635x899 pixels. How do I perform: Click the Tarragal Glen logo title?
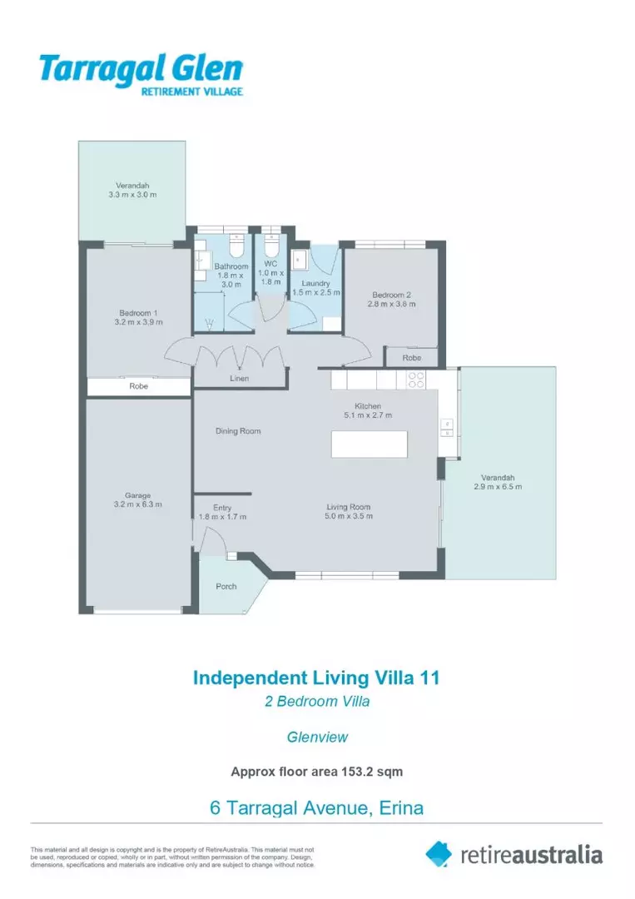point(141,69)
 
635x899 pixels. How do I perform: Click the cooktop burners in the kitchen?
point(416,380)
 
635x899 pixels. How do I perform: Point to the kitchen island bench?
point(369,445)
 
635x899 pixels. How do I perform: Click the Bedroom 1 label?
point(138,313)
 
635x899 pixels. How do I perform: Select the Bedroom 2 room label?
point(391,295)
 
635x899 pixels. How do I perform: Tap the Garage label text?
point(137,495)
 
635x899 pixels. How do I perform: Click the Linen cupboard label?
point(240,379)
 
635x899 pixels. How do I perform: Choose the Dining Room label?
point(238,431)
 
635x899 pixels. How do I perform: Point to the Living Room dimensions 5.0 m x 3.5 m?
point(349,516)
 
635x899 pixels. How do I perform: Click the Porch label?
point(226,587)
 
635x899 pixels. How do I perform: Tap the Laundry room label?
point(315,283)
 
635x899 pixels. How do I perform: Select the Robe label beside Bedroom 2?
point(411,358)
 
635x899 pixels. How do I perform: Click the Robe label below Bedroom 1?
point(139,386)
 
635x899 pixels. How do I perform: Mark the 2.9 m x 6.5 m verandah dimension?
point(498,487)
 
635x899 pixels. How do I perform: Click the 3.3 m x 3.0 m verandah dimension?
point(132,194)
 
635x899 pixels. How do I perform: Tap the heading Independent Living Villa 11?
point(316,678)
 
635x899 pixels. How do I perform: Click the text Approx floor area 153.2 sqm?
point(317,772)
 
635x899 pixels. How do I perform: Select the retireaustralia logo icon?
point(439,854)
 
